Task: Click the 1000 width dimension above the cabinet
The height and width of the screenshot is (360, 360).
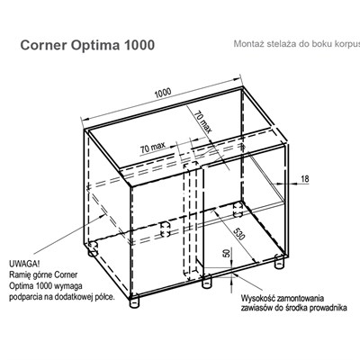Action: (x=163, y=93)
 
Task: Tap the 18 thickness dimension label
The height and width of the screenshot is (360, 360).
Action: (x=304, y=179)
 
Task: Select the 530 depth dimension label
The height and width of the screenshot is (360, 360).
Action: (x=239, y=234)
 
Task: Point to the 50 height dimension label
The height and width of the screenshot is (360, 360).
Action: (x=227, y=253)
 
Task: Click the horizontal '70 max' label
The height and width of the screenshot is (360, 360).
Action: (x=153, y=148)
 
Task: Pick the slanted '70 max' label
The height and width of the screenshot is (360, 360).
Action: (x=203, y=122)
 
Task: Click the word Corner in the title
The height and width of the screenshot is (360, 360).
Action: (x=44, y=45)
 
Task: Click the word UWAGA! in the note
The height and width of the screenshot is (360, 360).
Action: (x=24, y=265)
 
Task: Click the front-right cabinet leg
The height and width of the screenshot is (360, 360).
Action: (x=280, y=262)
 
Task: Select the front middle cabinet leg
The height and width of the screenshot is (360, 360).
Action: (x=206, y=283)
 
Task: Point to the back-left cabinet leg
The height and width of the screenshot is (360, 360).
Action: (x=93, y=251)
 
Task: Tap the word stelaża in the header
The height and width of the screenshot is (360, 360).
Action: (x=281, y=44)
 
